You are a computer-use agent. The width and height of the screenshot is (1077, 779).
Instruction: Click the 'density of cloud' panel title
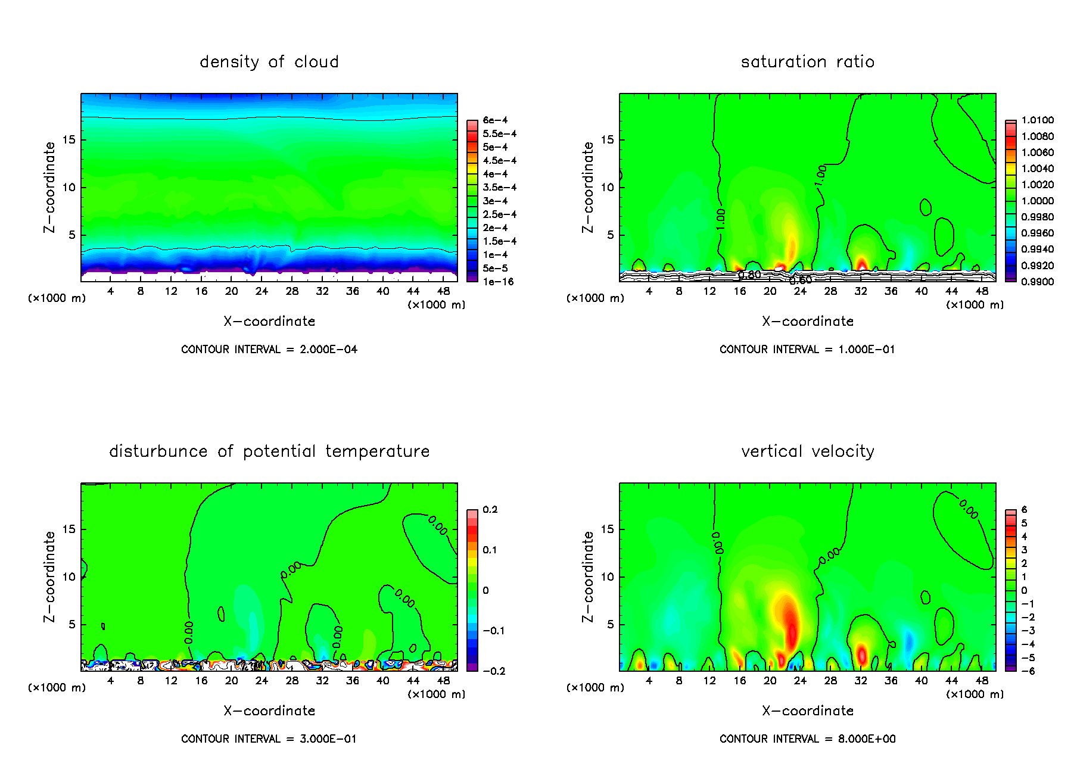tap(269, 62)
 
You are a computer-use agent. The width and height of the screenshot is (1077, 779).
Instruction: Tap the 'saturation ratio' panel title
tap(807, 62)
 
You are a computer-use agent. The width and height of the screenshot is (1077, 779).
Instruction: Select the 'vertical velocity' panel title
tap(807, 451)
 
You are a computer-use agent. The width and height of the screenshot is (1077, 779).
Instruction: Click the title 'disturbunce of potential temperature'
tap(269, 451)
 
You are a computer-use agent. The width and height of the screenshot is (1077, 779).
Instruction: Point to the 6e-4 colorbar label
tap(495, 120)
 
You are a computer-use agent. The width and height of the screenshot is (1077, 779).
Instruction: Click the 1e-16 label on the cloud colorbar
tap(498, 282)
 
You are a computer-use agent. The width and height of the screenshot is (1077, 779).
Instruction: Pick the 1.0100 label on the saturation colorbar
tap(1037, 120)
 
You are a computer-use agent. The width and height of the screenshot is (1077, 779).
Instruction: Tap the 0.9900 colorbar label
tap(1037, 282)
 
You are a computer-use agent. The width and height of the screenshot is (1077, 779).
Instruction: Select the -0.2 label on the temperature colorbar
tap(494, 671)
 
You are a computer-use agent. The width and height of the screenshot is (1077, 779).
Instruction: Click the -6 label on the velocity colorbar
tap(1028, 671)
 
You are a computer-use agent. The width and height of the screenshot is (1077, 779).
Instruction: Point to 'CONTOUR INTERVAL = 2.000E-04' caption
tap(269, 350)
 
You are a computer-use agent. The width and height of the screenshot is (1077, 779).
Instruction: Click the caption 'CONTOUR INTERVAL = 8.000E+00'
tap(807, 739)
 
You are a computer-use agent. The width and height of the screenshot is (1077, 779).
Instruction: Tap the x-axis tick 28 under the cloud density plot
tap(292, 291)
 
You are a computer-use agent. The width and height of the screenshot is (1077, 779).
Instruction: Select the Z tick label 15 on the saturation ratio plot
tap(606, 140)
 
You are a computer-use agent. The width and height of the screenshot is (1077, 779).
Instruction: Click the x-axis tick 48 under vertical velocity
tap(982, 681)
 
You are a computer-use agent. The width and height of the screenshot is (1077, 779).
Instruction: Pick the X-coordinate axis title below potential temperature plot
tap(269, 711)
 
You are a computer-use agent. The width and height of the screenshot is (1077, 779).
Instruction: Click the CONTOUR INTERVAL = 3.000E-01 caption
tap(269, 739)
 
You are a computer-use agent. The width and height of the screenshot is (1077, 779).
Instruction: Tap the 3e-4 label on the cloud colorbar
tap(495, 201)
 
